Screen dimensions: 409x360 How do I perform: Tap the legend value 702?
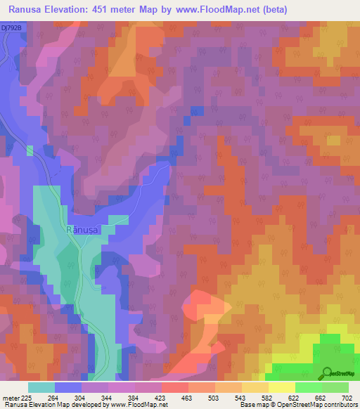point(347,396)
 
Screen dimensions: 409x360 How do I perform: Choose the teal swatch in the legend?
point(41,387)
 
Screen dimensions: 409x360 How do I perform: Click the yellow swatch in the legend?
point(281,387)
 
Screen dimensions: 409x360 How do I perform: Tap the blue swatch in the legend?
point(68,387)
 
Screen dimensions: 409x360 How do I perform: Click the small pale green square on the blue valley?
point(30,150)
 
